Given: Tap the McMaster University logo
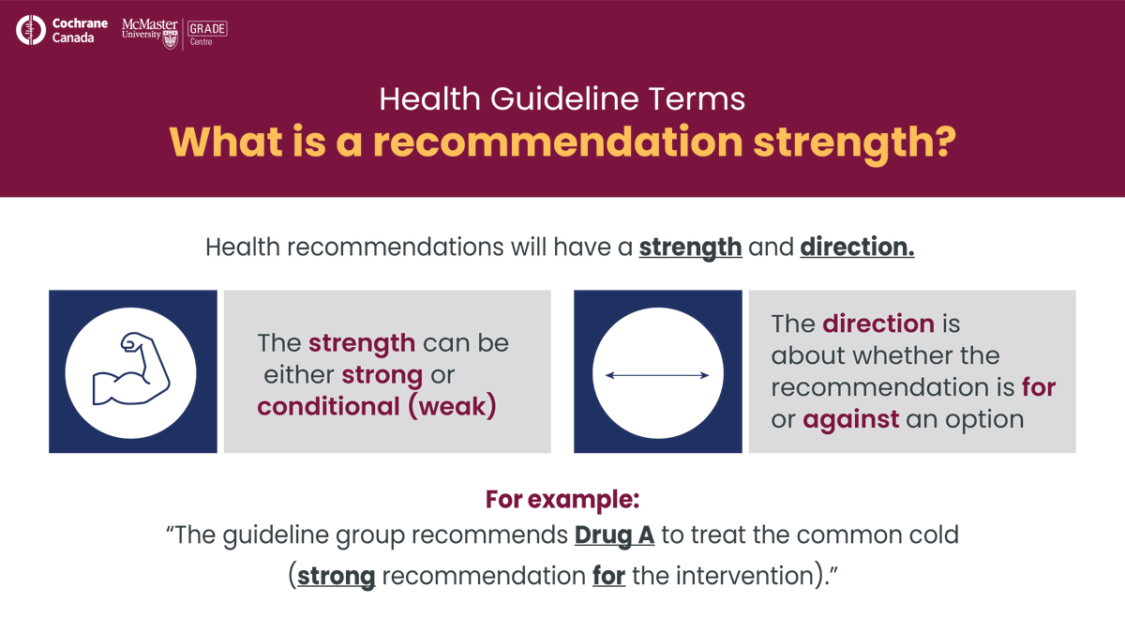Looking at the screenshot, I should (x=149, y=32).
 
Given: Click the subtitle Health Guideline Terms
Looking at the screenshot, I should (x=562, y=98).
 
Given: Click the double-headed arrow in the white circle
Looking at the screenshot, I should (x=656, y=375).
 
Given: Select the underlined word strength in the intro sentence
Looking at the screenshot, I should (x=690, y=248).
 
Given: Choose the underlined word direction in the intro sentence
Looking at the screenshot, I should (x=857, y=248).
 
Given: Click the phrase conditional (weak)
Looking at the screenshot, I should (x=376, y=407).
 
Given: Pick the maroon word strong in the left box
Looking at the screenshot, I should (x=382, y=375).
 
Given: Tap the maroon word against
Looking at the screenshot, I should (x=850, y=418).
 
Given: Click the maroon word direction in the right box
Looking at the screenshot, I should (x=878, y=324).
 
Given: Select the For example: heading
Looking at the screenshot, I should (x=562, y=499).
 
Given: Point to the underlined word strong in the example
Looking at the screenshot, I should (x=337, y=574).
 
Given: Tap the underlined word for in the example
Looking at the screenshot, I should (x=608, y=574).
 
